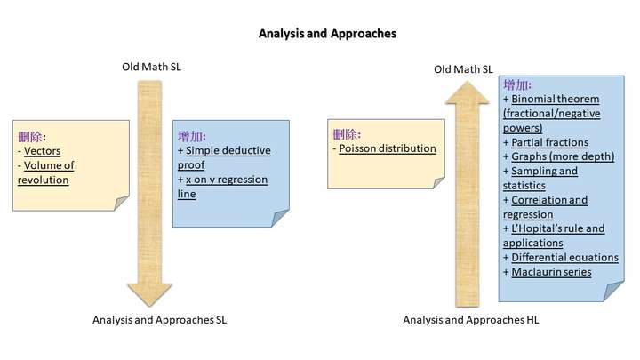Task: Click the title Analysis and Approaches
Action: coord(327,34)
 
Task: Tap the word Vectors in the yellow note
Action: coord(42,151)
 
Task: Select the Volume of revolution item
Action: coord(45,172)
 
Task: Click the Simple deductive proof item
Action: coord(224,157)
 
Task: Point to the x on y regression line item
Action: coord(222,187)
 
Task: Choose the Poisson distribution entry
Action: coord(388,148)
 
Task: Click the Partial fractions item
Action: coord(550,142)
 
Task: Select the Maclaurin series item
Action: coord(551,272)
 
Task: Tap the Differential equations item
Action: coord(565,258)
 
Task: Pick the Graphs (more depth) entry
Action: coord(563,156)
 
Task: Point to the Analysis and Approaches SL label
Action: coord(160,320)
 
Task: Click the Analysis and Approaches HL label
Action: coord(471,320)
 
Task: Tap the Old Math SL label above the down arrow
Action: coord(151,67)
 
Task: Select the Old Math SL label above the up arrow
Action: coord(463,69)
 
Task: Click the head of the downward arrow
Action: coord(149,295)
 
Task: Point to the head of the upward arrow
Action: coord(467,92)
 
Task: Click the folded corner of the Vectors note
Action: coord(122,203)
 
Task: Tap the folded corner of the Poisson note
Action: coord(439,183)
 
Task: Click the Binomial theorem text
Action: coord(556,100)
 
